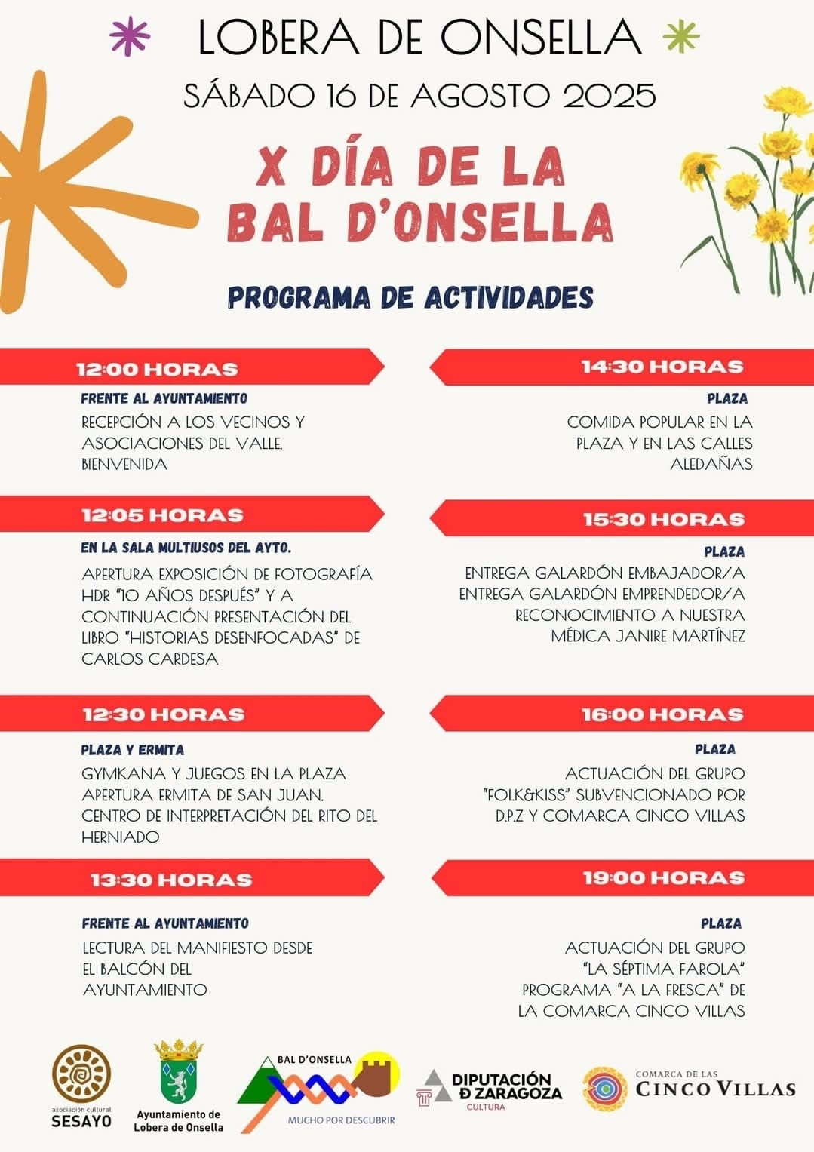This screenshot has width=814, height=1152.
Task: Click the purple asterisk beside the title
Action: point(129,36)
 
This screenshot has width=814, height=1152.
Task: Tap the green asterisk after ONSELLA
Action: point(680,36)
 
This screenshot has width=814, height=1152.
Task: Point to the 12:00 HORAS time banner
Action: point(157,369)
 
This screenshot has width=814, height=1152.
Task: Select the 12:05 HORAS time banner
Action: point(162,515)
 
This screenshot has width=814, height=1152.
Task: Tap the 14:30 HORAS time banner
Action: point(662,367)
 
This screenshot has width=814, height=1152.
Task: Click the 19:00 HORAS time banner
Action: point(663,877)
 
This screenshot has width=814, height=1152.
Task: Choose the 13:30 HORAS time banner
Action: point(170,880)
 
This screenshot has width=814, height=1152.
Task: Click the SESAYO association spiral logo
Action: point(81,1074)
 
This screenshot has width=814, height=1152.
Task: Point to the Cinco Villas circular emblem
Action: point(605,1089)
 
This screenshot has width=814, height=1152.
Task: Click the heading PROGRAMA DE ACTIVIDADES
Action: point(410,297)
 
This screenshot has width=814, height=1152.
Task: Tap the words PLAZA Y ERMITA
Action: point(133,750)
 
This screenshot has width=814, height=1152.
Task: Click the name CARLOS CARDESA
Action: point(150,659)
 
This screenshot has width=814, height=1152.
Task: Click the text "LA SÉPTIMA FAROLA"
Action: point(664,968)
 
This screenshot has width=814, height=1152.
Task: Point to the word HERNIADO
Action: point(121,837)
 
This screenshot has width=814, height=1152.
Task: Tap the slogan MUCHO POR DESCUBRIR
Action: point(341,1120)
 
